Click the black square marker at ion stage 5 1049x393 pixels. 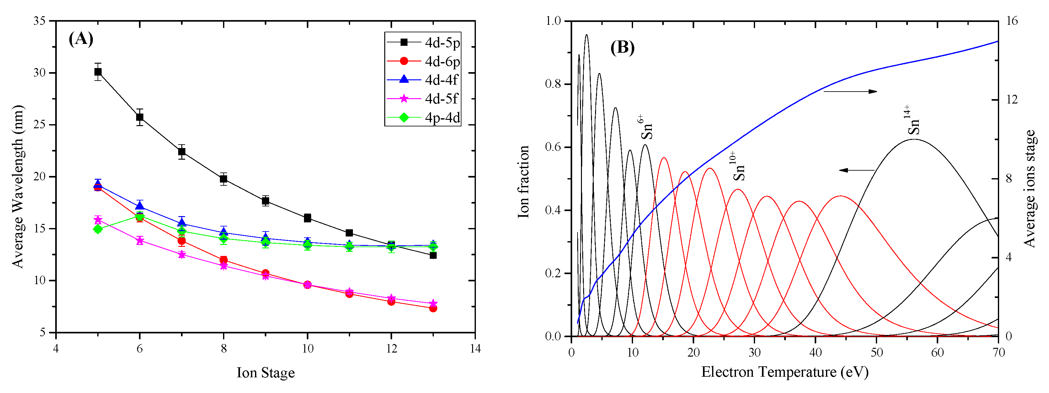pyautogui.click(x=98, y=72)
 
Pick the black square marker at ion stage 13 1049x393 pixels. pyautogui.click(x=433, y=255)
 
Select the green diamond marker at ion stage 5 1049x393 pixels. pyautogui.click(x=98, y=229)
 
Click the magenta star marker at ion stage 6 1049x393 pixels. pyautogui.click(x=140, y=240)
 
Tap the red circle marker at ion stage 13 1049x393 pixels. pyautogui.click(x=433, y=308)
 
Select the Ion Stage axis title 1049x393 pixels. pyautogui.click(x=265, y=373)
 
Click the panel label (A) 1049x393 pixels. pyautogui.click(x=81, y=39)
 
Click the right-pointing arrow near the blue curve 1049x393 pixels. pyautogui.click(x=850, y=92)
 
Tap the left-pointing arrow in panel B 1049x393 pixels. pyautogui.click(x=856, y=170)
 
